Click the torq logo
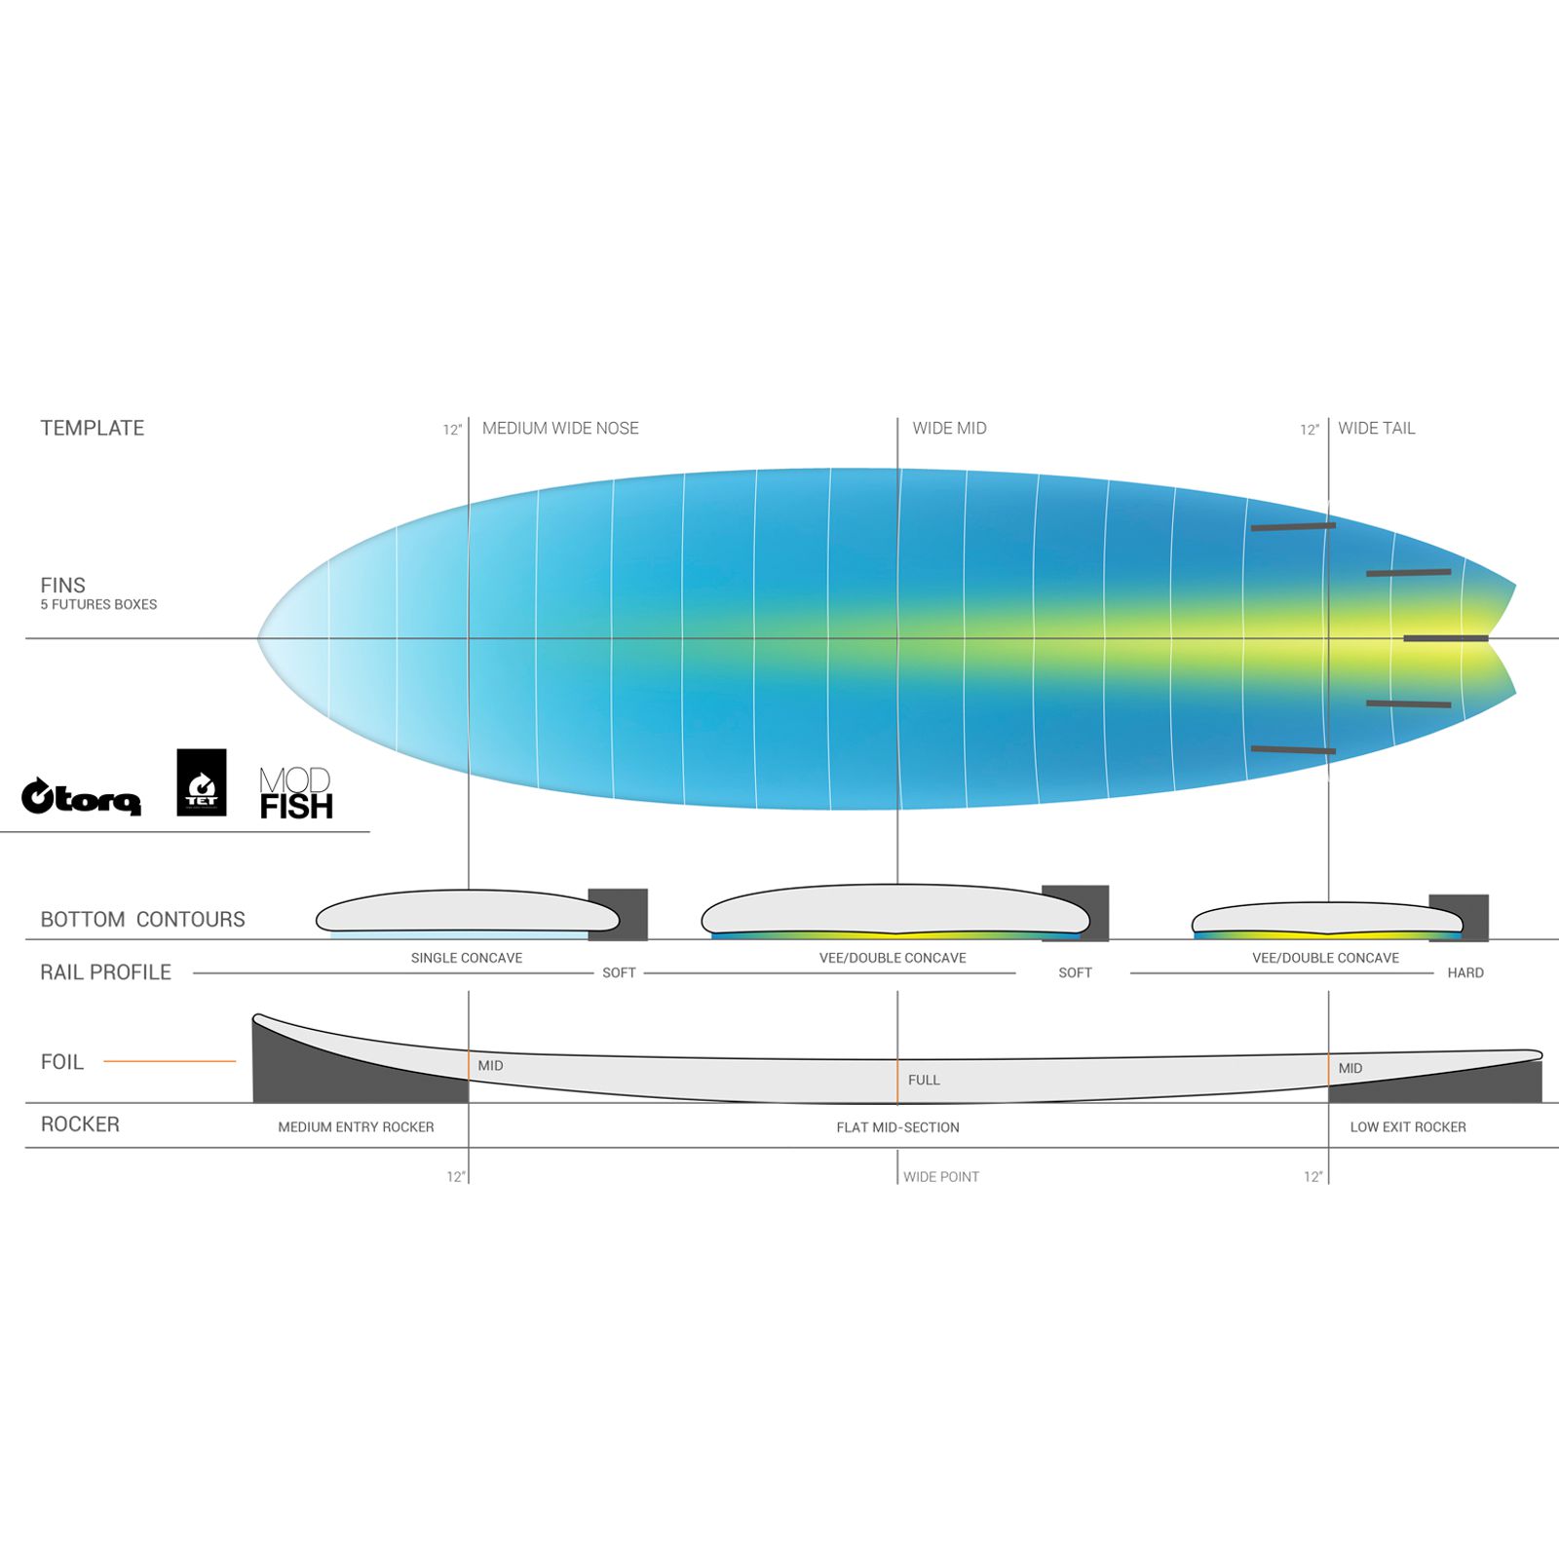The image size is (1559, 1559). click(x=82, y=797)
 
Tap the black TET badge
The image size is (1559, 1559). click(x=202, y=782)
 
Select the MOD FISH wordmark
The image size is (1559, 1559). click(x=296, y=793)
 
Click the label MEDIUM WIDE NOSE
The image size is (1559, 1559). click(x=560, y=428)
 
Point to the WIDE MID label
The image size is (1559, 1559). click(x=949, y=428)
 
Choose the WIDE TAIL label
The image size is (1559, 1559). click(x=1376, y=428)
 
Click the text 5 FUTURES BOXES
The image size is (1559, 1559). click(x=98, y=604)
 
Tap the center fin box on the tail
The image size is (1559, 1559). click(x=1446, y=638)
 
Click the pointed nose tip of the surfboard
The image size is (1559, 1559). click(x=259, y=638)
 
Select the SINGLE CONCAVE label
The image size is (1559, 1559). click(x=467, y=958)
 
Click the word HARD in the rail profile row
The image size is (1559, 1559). click(x=1465, y=972)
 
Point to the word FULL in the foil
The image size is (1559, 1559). click(x=924, y=1080)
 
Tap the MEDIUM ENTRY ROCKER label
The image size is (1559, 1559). click(x=356, y=1126)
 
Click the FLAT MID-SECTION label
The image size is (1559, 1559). click(x=897, y=1127)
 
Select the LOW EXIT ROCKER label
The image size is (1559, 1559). click(x=1408, y=1126)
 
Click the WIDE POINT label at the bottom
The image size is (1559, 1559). click(x=941, y=1177)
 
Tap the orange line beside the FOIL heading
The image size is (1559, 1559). click(x=170, y=1061)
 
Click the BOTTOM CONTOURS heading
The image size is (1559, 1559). click(x=142, y=919)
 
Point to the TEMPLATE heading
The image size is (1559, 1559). click(x=92, y=428)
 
